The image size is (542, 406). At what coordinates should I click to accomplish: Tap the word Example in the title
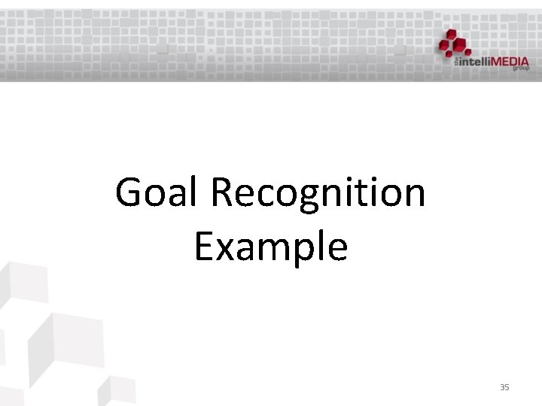(x=271, y=246)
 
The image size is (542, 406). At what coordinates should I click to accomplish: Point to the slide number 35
(x=504, y=386)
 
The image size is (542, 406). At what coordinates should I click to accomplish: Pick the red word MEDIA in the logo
(x=510, y=62)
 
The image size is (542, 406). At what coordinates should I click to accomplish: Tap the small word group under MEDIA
(x=521, y=68)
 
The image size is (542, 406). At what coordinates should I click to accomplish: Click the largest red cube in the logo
(x=450, y=45)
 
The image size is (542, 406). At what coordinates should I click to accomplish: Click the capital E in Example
(x=203, y=246)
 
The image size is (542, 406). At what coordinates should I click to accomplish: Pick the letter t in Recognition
(x=370, y=193)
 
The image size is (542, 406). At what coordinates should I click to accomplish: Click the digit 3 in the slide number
(x=502, y=386)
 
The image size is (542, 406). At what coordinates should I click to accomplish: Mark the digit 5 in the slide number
(x=507, y=386)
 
